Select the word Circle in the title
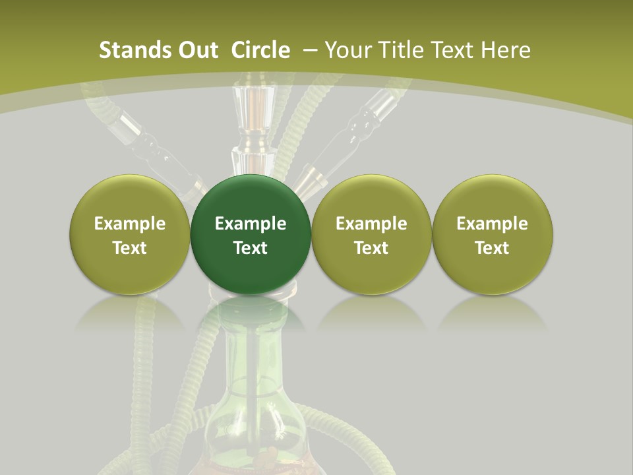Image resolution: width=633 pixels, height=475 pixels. point(260,50)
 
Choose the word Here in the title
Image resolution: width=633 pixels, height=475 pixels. point(505,50)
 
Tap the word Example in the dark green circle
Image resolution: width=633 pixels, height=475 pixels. point(251,224)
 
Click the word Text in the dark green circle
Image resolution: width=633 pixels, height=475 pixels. point(251,248)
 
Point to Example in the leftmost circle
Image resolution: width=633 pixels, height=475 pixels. point(129,224)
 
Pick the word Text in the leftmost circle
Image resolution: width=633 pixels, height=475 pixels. point(129,248)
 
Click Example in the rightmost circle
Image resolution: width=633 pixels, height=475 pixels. point(492,224)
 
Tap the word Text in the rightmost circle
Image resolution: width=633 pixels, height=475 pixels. point(492,248)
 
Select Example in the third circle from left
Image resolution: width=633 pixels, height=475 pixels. point(371,224)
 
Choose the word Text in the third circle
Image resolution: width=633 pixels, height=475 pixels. point(371,248)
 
